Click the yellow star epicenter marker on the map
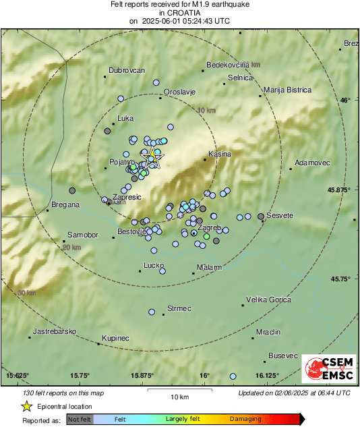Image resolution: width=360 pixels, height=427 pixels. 153,158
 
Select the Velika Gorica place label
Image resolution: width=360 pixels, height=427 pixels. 268,299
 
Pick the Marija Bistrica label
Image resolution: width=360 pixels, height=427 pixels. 287,90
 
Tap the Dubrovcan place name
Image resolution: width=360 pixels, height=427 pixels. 127,70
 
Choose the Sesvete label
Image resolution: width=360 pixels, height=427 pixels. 280,215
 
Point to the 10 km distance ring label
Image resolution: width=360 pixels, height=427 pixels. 207,110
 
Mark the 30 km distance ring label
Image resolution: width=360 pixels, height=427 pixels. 27,293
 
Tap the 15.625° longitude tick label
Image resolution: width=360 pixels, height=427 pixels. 18,375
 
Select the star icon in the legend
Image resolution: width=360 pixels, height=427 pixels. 26,406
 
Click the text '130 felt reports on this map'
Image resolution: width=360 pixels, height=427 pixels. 63,393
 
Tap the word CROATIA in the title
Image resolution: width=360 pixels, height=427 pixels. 179,12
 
